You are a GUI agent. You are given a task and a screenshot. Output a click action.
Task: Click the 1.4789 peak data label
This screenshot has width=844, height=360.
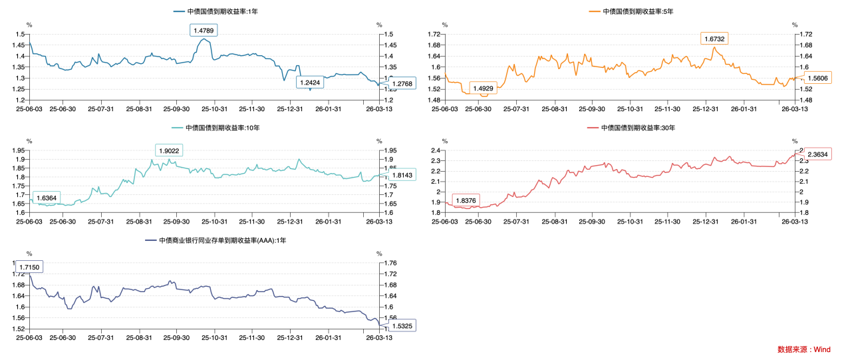[204, 31]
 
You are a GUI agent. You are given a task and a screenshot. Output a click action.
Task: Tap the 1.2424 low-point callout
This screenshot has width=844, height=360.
[309, 83]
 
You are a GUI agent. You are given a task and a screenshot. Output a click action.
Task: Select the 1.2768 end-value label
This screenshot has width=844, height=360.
[401, 84]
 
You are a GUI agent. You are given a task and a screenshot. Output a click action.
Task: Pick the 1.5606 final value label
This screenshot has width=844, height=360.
[818, 78]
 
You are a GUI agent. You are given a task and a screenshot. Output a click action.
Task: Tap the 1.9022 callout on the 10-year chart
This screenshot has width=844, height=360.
[169, 151]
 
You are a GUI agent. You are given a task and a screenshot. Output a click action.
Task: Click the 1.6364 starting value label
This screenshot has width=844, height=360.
[46, 198]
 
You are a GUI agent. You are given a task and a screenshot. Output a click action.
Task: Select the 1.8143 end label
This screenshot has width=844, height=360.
[401, 175]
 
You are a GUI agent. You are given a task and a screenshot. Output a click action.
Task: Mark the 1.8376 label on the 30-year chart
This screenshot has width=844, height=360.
[466, 201]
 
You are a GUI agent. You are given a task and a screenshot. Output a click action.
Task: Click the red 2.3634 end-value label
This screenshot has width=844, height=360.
[817, 154]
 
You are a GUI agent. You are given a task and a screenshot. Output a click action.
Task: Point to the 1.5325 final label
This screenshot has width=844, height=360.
[401, 326]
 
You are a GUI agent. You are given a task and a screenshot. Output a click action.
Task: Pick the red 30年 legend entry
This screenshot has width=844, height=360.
[637, 127]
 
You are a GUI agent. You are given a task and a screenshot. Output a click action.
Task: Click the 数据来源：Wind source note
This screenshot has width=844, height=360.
[804, 349]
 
